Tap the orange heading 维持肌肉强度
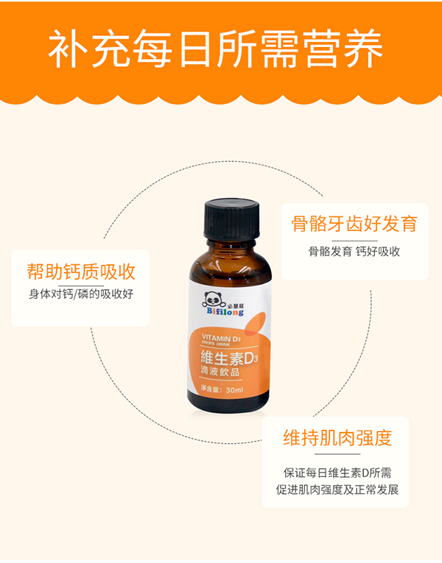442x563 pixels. [337, 439]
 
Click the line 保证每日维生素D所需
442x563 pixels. [337, 472]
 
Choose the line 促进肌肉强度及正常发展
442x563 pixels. [337, 489]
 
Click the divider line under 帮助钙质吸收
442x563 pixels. [81, 285]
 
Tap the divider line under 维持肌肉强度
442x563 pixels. [337, 454]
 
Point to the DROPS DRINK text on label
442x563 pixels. [217, 344]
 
